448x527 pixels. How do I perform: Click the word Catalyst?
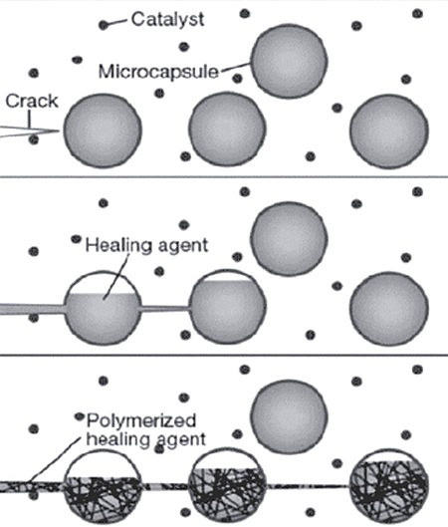pos(167,19)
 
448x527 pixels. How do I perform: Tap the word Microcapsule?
pos(158,72)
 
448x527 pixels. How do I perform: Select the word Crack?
pos(32,101)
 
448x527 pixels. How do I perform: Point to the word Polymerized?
pos(141,420)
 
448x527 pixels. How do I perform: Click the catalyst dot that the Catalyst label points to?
pos(104,25)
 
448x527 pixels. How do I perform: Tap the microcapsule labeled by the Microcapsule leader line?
pos(290,61)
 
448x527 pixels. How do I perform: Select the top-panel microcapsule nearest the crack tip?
pos(104,131)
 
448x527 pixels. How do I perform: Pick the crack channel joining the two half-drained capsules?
pos(165,308)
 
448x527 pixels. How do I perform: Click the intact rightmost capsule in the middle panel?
pos(389,309)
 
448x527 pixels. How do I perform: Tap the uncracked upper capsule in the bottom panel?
pos(289,416)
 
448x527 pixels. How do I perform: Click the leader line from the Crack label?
pos(29,119)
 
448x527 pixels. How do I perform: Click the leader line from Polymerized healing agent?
pos(56,460)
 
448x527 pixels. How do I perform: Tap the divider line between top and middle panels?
pos(224,176)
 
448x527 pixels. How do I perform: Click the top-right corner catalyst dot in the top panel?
pos(417,14)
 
